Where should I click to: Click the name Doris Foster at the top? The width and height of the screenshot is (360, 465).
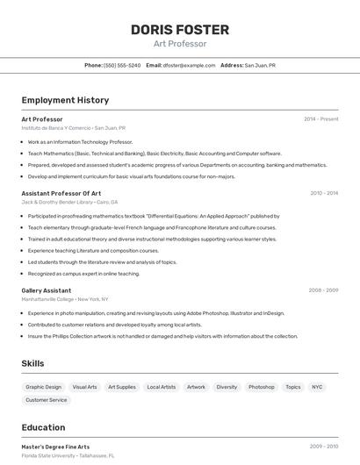pyautogui.click(x=180, y=29)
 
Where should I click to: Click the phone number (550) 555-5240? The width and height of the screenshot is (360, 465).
pyautogui.click(x=122, y=65)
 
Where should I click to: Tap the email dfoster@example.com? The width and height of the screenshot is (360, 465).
pyautogui.click(x=188, y=65)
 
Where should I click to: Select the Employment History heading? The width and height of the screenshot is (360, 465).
pyautogui.click(x=65, y=100)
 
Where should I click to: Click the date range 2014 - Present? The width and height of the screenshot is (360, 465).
pyautogui.click(x=321, y=119)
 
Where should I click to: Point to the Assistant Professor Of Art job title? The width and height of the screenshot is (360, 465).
pyautogui.click(x=61, y=193)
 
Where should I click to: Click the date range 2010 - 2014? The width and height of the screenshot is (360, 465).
pyautogui.click(x=324, y=193)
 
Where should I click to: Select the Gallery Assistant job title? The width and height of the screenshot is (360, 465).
pyautogui.click(x=47, y=290)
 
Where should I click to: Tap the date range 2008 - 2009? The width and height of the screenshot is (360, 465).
pyautogui.click(x=323, y=290)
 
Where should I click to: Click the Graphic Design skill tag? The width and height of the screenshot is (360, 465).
pyautogui.click(x=44, y=387)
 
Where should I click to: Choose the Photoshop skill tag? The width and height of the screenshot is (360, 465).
pyautogui.click(x=261, y=387)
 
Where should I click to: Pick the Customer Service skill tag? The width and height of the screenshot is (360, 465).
pyautogui.click(x=47, y=400)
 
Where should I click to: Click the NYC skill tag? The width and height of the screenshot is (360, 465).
pyautogui.click(x=317, y=387)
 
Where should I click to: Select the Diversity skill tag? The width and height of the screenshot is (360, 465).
pyautogui.click(x=227, y=387)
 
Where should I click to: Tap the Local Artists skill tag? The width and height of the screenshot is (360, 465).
pyautogui.click(x=162, y=387)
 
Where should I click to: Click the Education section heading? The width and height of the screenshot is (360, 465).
pyautogui.click(x=43, y=428)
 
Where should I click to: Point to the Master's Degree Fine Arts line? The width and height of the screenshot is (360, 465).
pyautogui.click(x=55, y=447)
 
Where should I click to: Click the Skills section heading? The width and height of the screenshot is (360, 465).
pyautogui.click(x=32, y=363)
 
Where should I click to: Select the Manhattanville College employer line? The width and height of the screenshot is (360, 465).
pyautogui.click(x=65, y=299)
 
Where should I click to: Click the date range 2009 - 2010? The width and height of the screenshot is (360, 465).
pyautogui.click(x=323, y=447)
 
